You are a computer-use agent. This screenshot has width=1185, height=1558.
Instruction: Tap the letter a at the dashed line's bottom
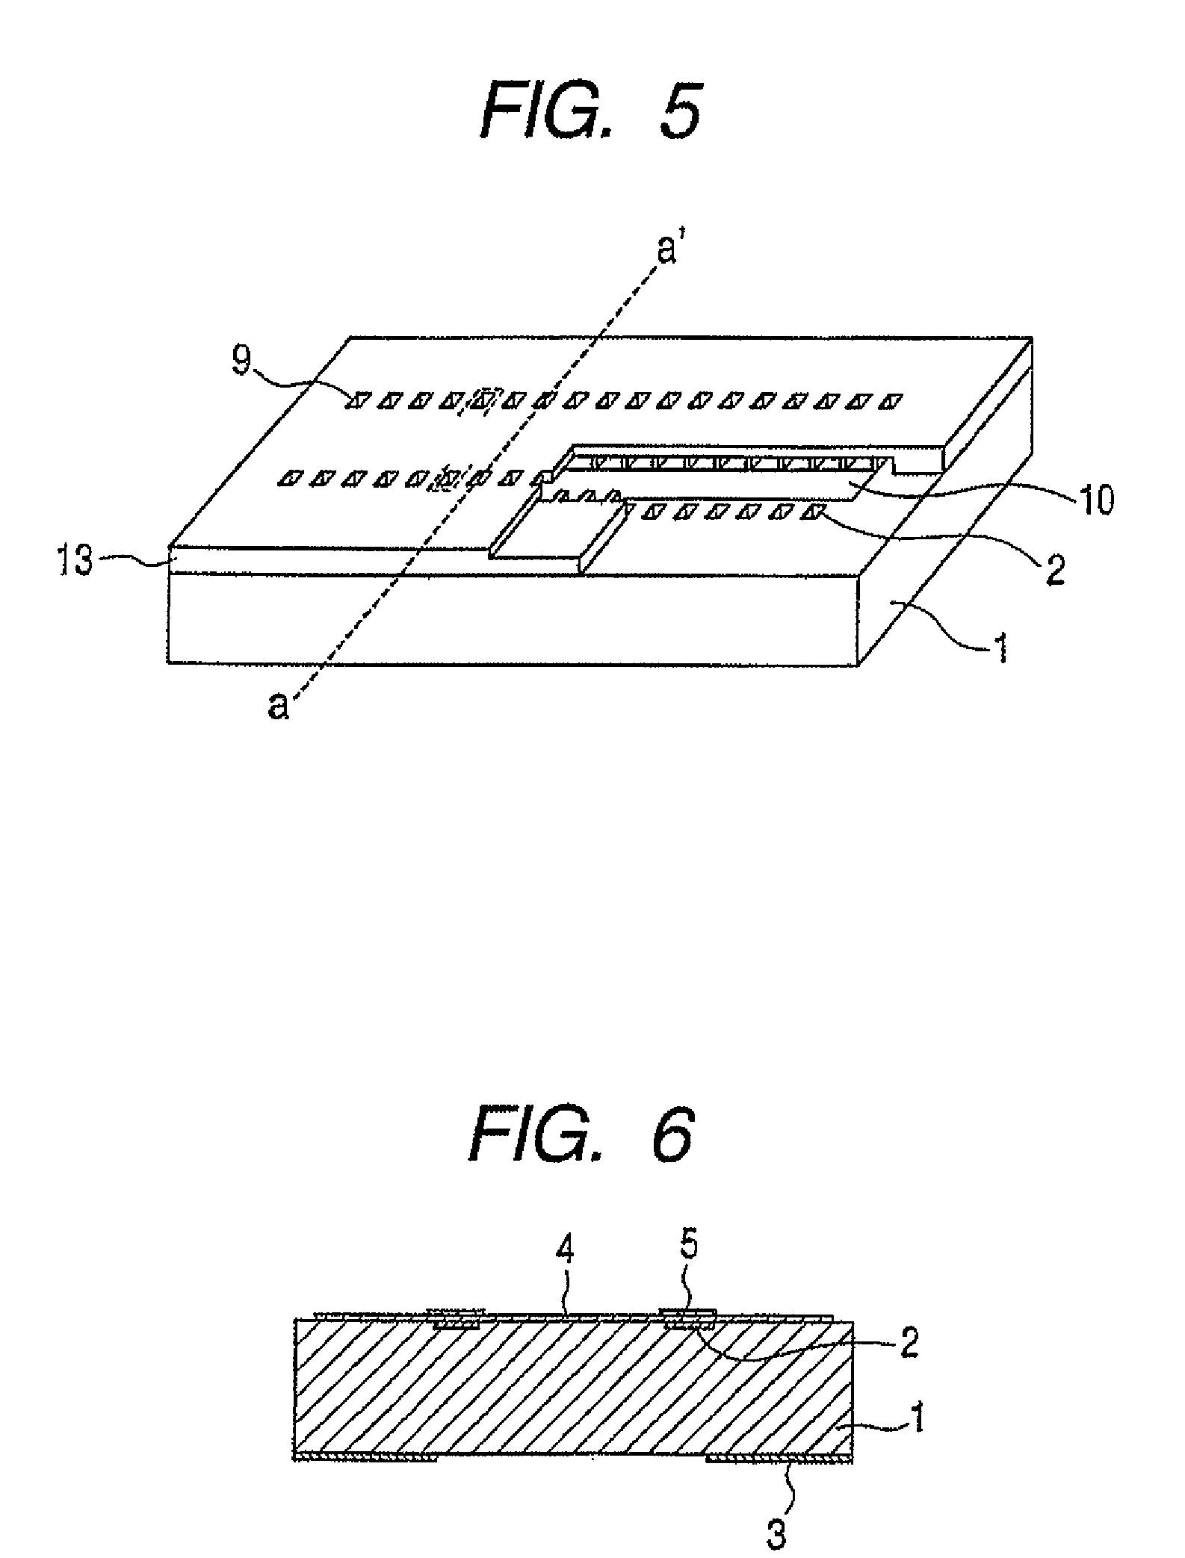click(x=277, y=706)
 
